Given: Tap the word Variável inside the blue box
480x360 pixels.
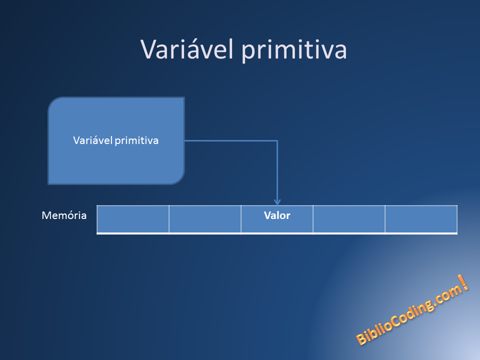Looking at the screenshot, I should point(92,140).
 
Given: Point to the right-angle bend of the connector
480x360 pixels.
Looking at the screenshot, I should point(277,141).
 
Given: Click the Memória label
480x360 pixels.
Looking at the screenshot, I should point(64,216).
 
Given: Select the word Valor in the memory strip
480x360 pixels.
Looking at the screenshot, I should point(277,216).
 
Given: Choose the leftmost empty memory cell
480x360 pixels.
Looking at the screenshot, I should point(133,219).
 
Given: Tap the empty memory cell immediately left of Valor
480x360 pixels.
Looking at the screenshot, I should point(205,219).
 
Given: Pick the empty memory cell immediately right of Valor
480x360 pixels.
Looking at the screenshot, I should point(349,219).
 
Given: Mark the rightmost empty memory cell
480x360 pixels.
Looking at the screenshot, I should point(421,219).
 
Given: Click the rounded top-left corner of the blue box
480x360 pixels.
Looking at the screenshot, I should point(53,102).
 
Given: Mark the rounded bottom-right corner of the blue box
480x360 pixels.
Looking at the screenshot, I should point(179,179).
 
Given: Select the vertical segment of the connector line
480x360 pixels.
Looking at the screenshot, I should point(277,170).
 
